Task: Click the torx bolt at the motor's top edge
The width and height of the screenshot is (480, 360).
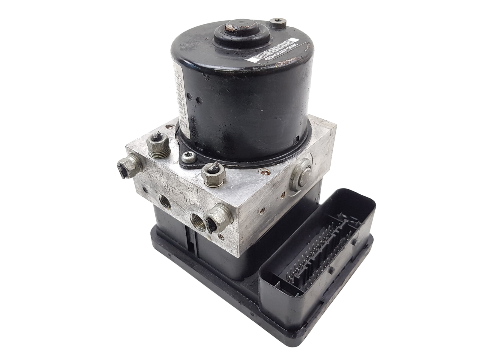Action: [x=275, y=23]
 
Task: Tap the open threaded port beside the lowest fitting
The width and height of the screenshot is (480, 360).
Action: [x=197, y=220]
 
